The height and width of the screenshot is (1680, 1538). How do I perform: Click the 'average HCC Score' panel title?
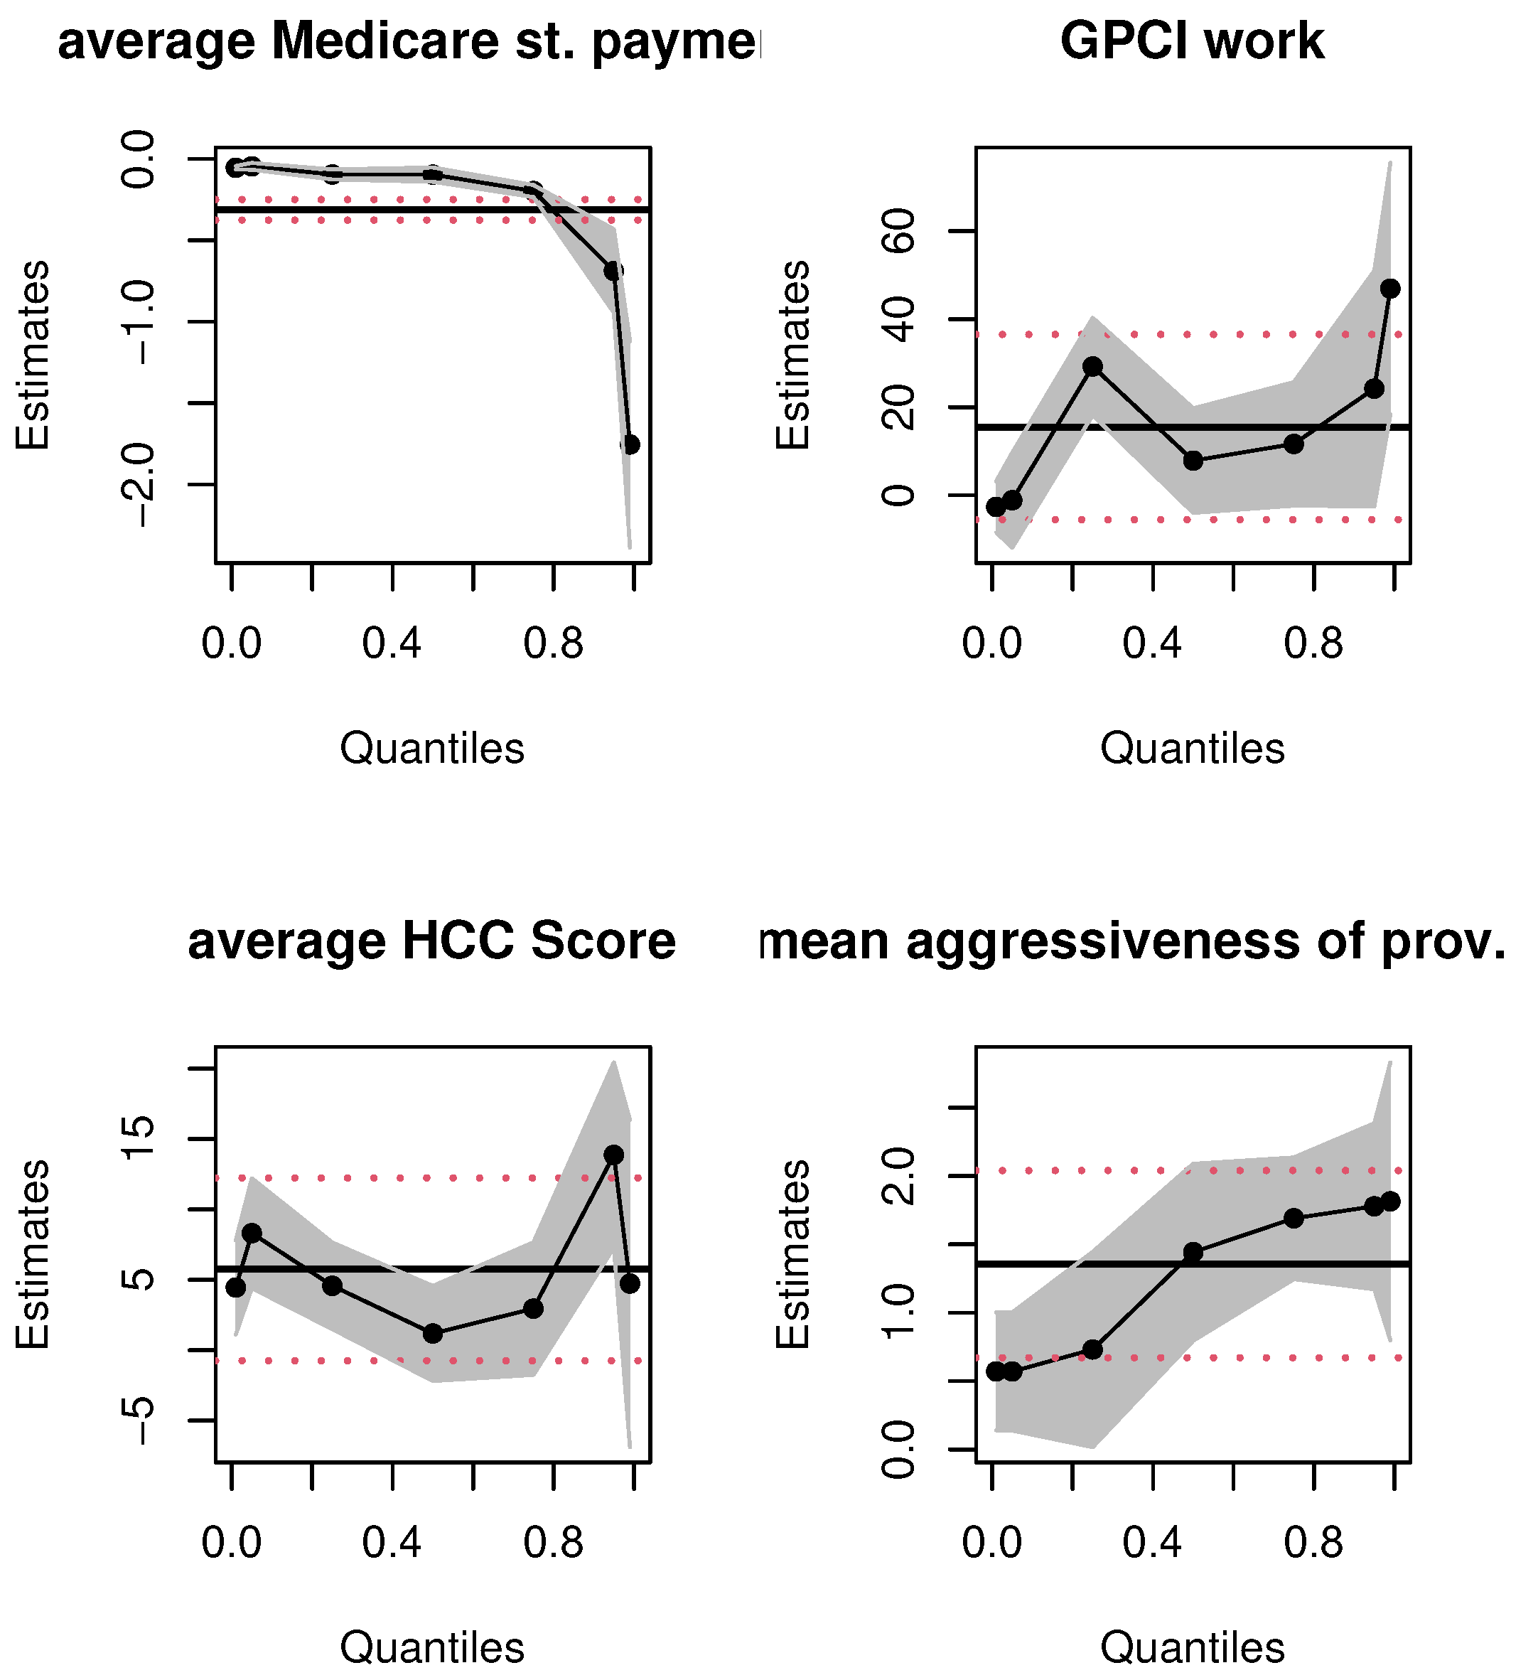[x=431, y=941]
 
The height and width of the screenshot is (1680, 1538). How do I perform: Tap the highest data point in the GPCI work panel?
[x=1389, y=289]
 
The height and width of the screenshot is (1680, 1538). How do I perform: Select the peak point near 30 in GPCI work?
[x=1093, y=367]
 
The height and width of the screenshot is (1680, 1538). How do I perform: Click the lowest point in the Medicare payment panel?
[x=630, y=444]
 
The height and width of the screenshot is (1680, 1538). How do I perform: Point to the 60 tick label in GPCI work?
[x=898, y=231]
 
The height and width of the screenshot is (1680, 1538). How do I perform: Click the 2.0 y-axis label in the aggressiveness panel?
[x=898, y=1176]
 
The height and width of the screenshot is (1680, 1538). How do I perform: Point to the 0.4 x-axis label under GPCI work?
[x=1152, y=643]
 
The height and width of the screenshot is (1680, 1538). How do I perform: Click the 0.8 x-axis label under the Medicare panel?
[x=553, y=643]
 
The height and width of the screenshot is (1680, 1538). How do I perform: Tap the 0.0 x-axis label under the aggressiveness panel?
[x=991, y=1543]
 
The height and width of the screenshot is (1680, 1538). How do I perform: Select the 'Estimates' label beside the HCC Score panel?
[x=33, y=1254]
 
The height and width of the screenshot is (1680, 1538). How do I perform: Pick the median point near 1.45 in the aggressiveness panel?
[x=1193, y=1253]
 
